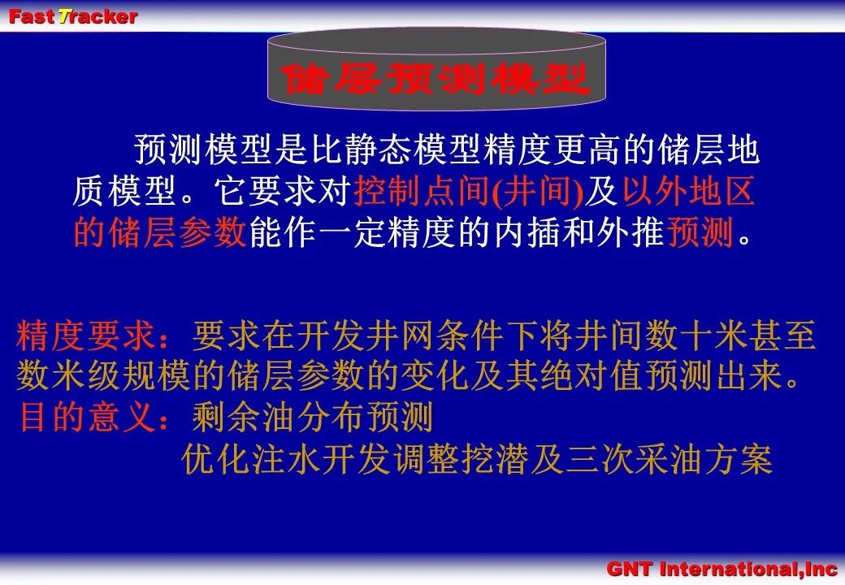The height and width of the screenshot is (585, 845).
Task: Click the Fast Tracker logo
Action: [73, 16]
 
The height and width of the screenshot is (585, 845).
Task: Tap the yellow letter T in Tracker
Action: [65, 16]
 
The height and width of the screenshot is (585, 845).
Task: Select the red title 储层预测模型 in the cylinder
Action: [435, 79]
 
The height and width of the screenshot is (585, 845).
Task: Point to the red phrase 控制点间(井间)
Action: [469, 192]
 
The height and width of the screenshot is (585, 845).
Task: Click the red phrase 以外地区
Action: [689, 191]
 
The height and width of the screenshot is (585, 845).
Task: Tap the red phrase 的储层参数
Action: [159, 232]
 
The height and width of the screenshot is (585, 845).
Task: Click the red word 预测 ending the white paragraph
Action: [700, 232]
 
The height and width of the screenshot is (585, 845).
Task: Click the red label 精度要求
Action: [86, 335]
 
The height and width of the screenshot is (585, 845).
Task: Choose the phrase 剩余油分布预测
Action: [313, 417]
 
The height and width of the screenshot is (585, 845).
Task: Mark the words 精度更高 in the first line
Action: [552, 149]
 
